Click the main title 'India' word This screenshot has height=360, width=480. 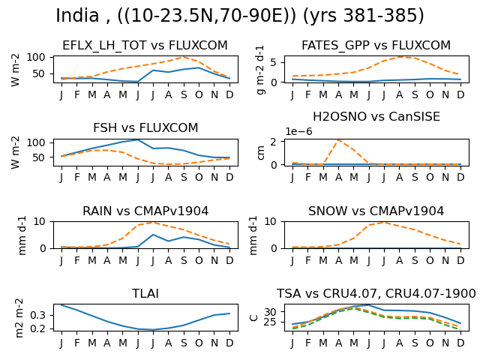point(77,15)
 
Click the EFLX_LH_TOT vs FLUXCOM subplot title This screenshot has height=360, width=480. point(145,45)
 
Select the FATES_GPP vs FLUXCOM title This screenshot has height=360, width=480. point(376,45)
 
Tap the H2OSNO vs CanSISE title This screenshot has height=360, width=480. point(376,117)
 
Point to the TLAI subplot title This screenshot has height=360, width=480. point(145,293)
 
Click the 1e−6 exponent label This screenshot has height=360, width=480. point(298,131)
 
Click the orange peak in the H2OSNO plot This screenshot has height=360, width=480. point(338,140)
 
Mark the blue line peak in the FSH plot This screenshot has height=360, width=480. point(138,140)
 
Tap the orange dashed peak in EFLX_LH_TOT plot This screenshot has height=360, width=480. point(183,57)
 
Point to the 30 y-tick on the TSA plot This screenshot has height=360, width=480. point(270,312)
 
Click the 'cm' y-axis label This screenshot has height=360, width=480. point(260,153)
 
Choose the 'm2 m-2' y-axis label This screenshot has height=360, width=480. point(19,318)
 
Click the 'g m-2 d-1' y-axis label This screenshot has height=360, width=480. point(260,70)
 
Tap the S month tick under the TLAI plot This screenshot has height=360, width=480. point(184,343)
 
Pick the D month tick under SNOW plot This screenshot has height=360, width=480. point(460,260)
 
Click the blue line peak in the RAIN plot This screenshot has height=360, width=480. point(153,235)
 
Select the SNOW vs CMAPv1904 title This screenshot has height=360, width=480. point(376,211)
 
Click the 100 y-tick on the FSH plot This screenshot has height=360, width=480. point(35,143)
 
